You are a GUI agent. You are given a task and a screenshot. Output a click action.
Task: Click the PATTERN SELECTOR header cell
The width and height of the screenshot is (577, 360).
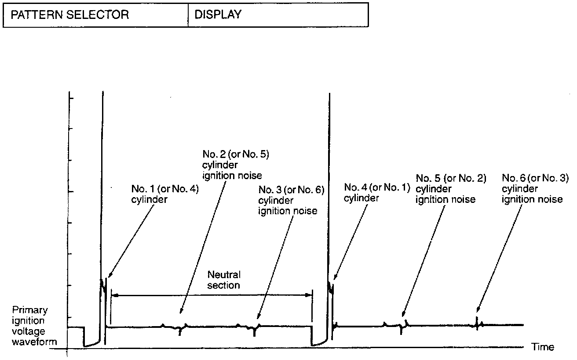coord(70,15)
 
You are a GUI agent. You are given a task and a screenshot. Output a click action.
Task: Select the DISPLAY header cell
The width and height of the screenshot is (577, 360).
coord(218,15)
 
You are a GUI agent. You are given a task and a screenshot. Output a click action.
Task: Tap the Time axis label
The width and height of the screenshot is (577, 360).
coord(543,347)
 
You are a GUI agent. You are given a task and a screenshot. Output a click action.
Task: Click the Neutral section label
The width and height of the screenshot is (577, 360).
coord(224,280)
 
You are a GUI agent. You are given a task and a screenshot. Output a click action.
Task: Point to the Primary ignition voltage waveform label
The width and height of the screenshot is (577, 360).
coord(34,326)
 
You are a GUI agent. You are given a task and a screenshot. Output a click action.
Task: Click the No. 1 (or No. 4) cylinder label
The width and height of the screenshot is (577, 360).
coord(165,194)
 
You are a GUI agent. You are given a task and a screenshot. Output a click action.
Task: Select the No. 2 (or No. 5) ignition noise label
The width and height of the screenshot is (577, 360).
coord(232,165)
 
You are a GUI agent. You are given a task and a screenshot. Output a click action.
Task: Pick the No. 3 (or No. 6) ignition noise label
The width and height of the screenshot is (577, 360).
coord(291,200)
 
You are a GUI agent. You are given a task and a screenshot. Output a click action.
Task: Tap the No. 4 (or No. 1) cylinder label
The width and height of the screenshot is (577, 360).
coord(377,192)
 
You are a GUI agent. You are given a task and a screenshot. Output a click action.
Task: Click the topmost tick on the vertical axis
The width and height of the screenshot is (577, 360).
coord(71,97)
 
